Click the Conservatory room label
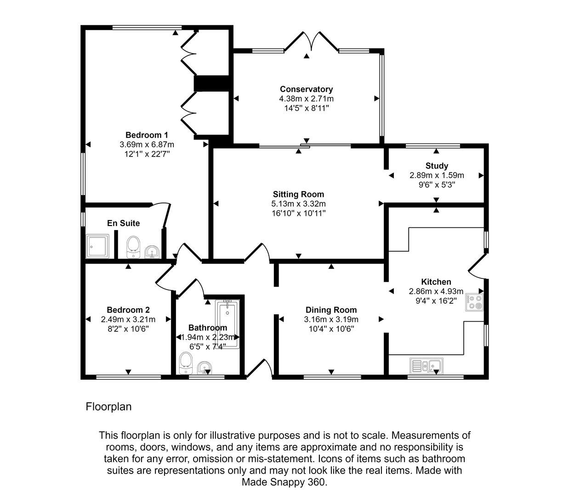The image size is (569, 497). (x=306, y=89)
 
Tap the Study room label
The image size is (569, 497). (x=437, y=166)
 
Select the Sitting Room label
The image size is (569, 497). (x=298, y=194)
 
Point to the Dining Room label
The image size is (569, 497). (x=331, y=310)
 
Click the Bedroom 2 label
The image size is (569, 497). (x=128, y=310)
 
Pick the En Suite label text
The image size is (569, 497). (x=123, y=223)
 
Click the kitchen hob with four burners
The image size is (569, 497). (x=474, y=302)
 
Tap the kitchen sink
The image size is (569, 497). (x=427, y=366)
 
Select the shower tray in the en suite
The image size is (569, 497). (x=97, y=246)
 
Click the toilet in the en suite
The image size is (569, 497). (x=133, y=247)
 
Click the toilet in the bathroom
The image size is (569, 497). (x=186, y=364)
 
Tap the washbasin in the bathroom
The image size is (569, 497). (x=205, y=367)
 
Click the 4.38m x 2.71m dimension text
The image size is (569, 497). (x=306, y=98)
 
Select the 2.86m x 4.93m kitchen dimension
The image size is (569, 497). (x=436, y=291)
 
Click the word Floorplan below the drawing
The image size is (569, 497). (x=108, y=407)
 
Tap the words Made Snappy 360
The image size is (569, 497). (x=284, y=482)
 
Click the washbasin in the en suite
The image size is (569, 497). (x=152, y=251)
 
